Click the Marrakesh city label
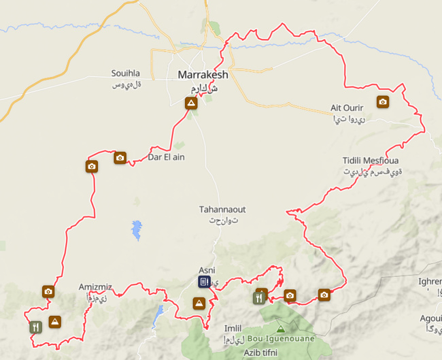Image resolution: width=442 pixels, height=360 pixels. coord(203,75)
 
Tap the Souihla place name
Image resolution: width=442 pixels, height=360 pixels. coord(126,73)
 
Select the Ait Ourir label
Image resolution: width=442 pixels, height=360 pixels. coord(347,108)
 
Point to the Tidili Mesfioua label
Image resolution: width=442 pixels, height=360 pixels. coord(371,161)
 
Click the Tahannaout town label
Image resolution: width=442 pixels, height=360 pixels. coord(222,210)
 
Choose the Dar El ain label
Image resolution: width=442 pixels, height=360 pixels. coord(166,157)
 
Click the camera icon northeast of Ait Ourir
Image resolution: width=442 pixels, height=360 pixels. coord(383,102)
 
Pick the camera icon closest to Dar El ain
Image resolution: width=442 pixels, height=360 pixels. coord(120,157)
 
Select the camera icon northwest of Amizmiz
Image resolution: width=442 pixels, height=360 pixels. coord(48,291)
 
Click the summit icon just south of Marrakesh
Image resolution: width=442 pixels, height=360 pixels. coord(191,103)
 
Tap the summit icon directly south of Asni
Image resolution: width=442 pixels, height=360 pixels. coord(199,303)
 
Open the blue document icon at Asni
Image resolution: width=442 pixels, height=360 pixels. coord(204,281)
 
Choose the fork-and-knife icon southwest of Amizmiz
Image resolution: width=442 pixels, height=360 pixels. coord(35,326)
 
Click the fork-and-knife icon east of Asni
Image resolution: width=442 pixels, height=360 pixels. coord(259,297)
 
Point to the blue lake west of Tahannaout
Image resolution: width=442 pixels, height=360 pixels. coord(137,229)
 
